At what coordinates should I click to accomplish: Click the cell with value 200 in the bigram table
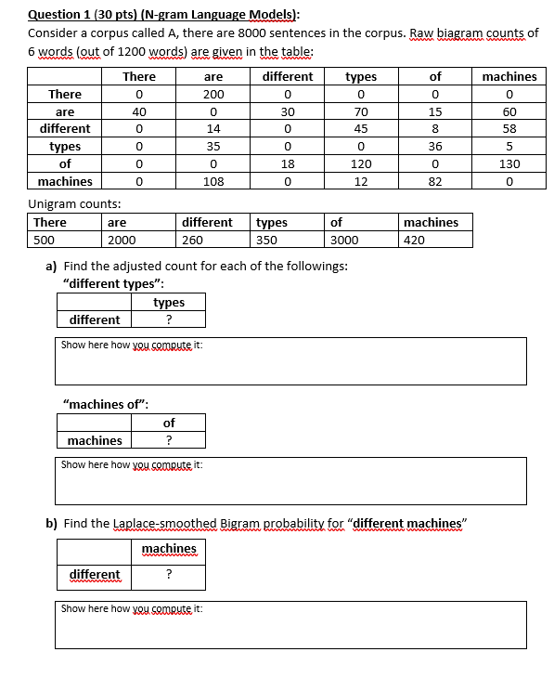(x=213, y=94)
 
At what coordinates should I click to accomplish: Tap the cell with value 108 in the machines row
(x=213, y=181)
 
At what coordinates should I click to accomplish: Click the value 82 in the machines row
(x=435, y=181)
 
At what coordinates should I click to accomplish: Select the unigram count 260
(x=192, y=240)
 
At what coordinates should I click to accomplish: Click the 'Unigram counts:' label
(x=75, y=203)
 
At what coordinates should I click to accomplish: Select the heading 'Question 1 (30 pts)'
(x=85, y=14)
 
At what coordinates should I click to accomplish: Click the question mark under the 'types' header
(x=168, y=319)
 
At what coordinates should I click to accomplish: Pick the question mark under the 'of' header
(x=168, y=440)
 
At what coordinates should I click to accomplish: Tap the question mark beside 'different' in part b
(x=168, y=574)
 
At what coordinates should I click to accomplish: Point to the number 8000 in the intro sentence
(x=253, y=33)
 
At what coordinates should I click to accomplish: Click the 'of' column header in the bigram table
(x=435, y=76)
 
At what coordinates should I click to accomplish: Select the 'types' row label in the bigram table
(x=65, y=147)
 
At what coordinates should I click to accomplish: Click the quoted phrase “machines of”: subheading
(x=105, y=403)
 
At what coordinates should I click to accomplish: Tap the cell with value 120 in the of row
(x=361, y=163)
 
